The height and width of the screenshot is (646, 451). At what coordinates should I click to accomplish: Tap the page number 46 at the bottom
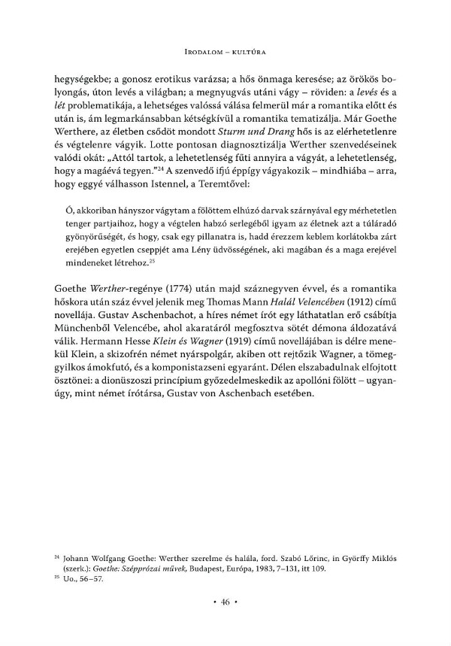click(x=225, y=602)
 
